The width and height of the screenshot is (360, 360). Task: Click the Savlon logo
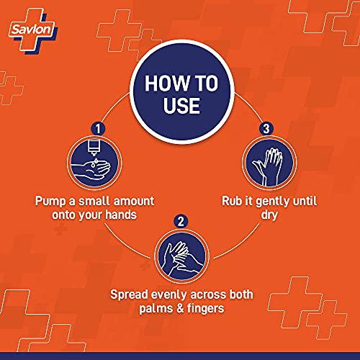pos(33,30)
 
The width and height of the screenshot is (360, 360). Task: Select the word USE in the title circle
pos(181,105)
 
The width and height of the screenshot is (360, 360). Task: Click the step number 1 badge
pos(98,128)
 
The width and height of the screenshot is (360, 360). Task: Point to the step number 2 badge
pos(181,221)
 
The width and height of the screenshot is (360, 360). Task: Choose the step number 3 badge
pos(266,128)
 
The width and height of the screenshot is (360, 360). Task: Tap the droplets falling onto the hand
pos(94,162)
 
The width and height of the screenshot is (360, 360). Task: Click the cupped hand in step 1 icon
pos(91,171)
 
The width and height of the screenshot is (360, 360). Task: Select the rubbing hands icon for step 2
pos(181,256)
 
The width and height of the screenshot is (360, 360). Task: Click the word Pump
pos(50,201)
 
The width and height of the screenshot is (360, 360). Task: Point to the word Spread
pos(129,294)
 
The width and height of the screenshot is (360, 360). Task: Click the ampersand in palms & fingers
pos(180,308)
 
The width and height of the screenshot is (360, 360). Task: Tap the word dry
pos(269,215)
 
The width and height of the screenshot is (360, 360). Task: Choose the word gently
pos(272,202)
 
